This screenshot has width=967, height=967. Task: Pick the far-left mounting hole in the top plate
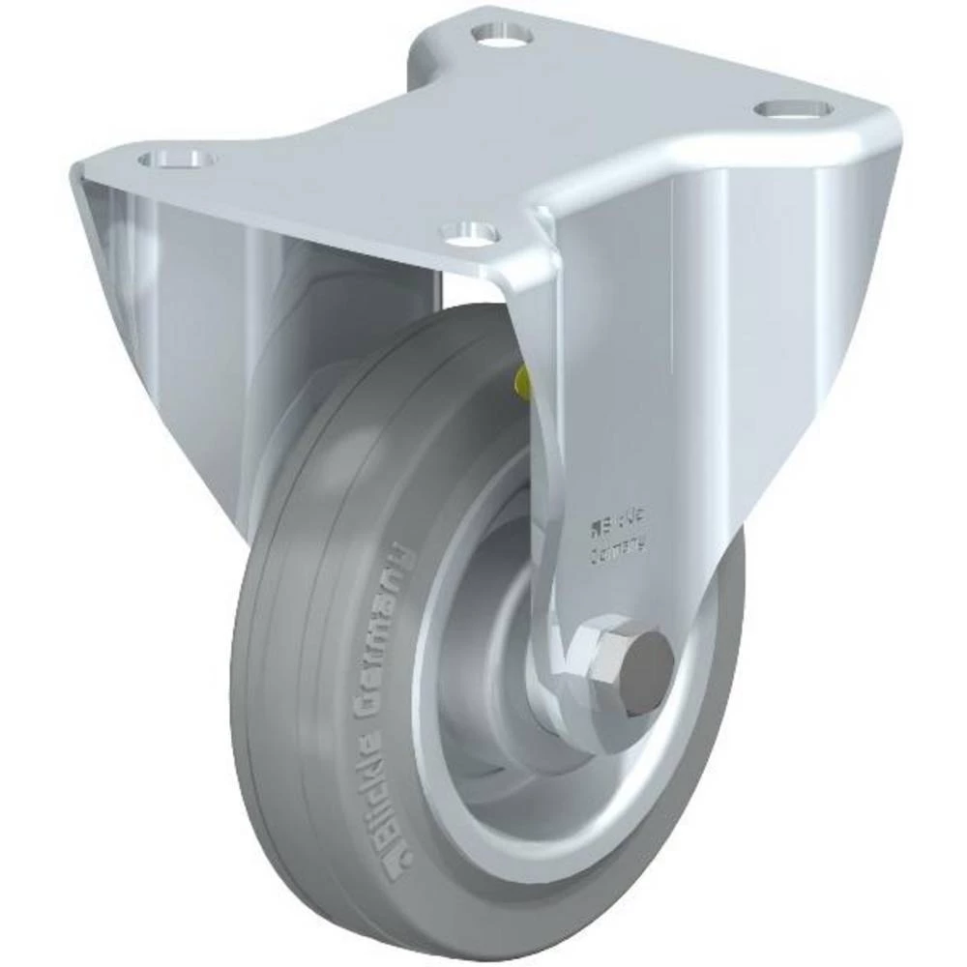(176, 158)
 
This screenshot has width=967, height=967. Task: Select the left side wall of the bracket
(174, 319)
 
